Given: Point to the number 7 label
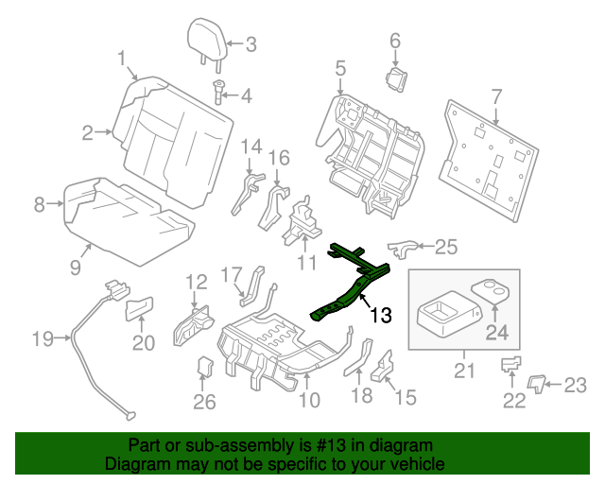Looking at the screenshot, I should pos(497,95).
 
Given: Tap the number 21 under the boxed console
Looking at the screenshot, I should pos(464,370).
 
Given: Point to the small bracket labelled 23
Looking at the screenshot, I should pos(536,381).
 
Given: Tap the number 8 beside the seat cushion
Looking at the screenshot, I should pos(39,203).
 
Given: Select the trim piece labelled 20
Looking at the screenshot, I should pos(140,308).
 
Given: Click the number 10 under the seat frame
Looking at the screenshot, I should pos(309,401).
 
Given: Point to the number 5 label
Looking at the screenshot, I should pos(339,68).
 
